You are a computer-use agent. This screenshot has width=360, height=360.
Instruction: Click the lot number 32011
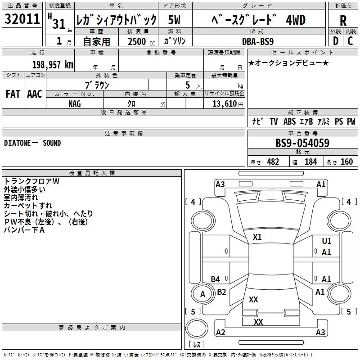(22, 20)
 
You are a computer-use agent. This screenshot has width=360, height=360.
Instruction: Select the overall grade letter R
(343, 21)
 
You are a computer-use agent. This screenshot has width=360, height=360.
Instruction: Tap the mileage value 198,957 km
(53, 65)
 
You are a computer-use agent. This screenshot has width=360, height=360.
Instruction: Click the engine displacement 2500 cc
(137, 41)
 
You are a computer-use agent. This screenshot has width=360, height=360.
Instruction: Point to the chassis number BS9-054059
(302, 144)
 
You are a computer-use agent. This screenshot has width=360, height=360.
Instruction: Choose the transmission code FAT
(13, 94)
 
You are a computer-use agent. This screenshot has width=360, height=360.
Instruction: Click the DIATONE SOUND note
(32, 143)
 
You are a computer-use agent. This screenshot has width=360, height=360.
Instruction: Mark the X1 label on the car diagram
(257, 237)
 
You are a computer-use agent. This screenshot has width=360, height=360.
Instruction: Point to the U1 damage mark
(327, 242)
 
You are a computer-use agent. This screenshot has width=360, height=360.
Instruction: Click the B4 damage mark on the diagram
(216, 279)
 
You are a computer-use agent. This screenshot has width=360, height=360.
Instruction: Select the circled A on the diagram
(202, 294)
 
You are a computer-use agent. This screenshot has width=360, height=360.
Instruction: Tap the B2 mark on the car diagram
(222, 292)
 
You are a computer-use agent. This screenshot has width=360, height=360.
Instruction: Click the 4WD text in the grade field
(296, 20)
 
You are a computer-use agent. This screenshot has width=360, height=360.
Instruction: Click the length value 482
(273, 162)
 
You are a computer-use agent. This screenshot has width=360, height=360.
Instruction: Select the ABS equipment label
(289, 121)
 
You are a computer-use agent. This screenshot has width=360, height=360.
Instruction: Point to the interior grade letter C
(351, 41)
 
